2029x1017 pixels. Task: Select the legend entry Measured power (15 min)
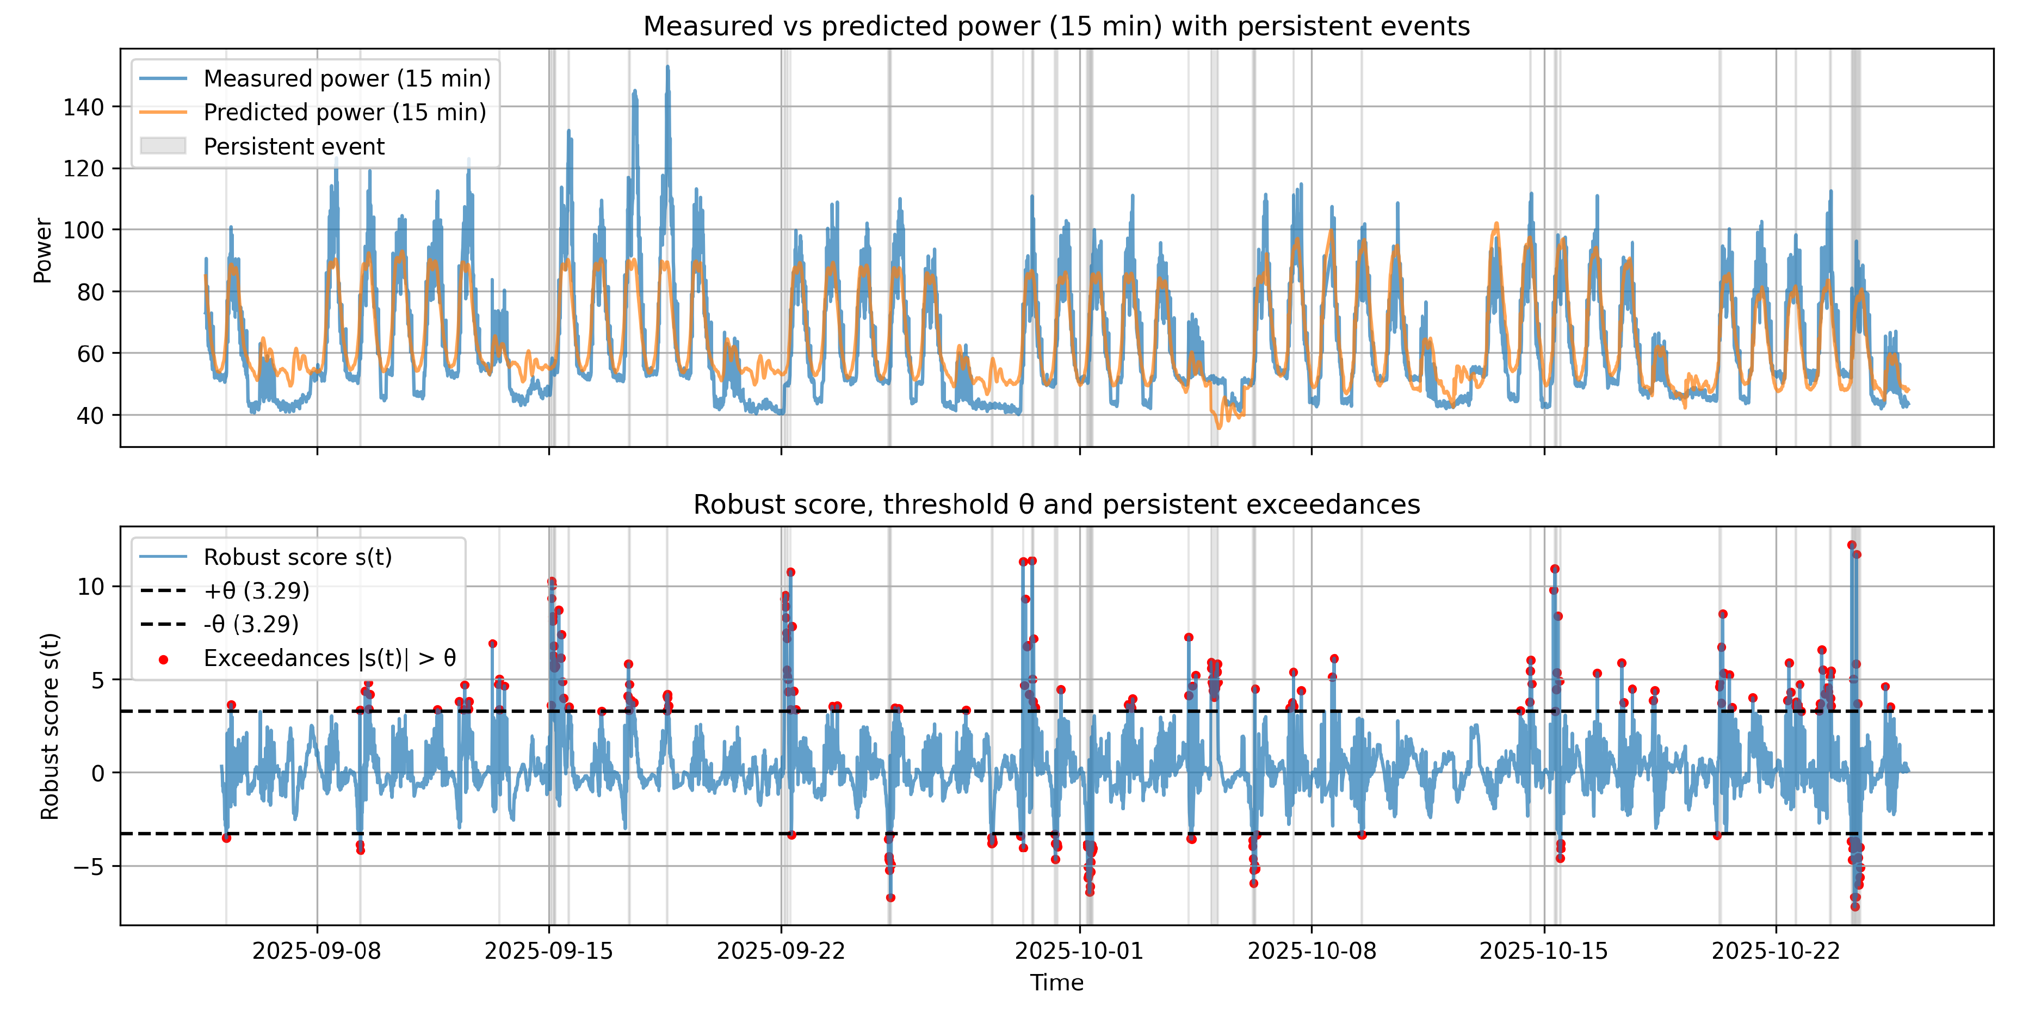coord(347,79)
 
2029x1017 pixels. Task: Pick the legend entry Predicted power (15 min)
coord(344,113)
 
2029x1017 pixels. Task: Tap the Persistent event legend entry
coord(293,146)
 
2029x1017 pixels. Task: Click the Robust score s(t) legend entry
coord(297,557)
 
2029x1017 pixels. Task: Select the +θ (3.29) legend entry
coord(256,591)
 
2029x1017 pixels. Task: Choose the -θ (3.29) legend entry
coord(250,624)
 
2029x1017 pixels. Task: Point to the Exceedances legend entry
coord(329,658)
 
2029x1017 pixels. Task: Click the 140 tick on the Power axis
coord(83,107)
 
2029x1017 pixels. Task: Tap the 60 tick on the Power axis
coord(90,354)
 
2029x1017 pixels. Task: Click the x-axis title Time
coord(1056,983)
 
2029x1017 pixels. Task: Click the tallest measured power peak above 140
coord(668,69)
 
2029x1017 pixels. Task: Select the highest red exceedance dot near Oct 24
coord(1851,545)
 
